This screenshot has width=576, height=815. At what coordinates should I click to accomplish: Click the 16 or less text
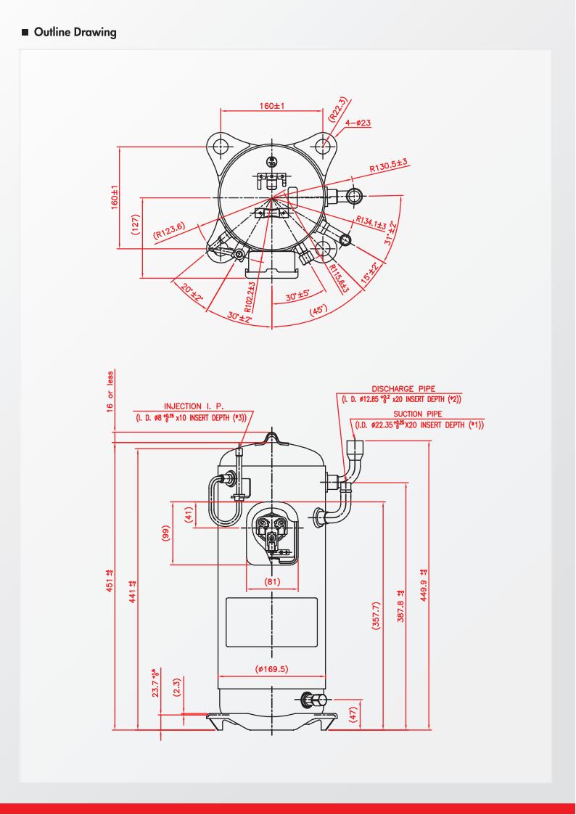pyautogui.click(x=110, y=390)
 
